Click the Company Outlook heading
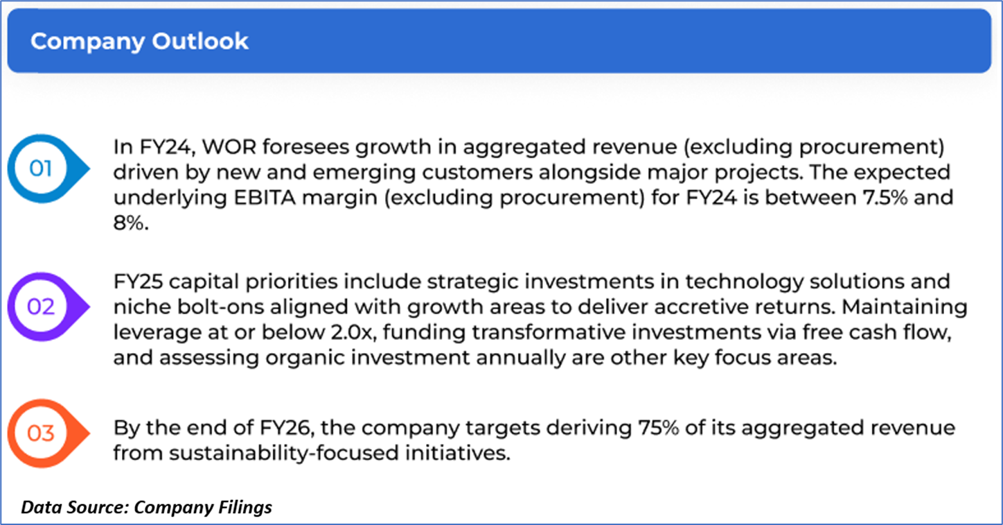point(139,41)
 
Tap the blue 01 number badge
point(48,168)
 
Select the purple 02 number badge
point(48,307)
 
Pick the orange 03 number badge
point(48,433)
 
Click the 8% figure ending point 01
point(130,223)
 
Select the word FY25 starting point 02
point(138,282)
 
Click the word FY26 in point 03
point(285,427)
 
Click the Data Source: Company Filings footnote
point(146,508)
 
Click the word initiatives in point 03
point(458,453)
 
